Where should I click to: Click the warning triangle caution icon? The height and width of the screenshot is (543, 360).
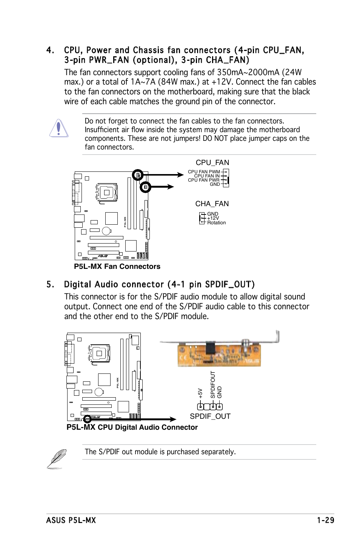(58, 128)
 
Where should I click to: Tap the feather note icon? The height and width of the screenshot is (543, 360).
(57, 458)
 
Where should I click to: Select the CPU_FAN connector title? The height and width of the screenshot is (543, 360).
(212, 162)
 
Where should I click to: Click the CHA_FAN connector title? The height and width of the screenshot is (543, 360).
(212, 204)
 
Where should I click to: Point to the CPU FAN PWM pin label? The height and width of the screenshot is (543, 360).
(204, 172)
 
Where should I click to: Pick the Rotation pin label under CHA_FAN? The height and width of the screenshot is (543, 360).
(216, 223)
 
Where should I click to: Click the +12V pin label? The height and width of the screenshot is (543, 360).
(213, 218)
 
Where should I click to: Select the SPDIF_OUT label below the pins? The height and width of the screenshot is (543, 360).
(210, 416)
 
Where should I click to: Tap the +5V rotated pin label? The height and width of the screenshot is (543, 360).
(200, 393)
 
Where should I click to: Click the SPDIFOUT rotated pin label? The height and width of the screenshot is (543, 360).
(213, 385)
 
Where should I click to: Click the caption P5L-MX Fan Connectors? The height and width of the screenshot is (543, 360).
(117, 266)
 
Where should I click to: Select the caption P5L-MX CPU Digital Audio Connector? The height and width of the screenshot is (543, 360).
(132, 427)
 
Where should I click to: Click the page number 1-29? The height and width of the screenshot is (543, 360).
(325, 520)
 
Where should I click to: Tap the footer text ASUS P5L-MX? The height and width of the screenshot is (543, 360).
(71, 520)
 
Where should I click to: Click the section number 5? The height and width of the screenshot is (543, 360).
(50, 284)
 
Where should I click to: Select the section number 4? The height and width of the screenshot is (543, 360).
(50, 50)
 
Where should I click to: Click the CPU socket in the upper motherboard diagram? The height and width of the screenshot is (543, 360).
(107, 193)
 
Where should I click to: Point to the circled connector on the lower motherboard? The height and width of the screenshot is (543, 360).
(87, 419)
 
